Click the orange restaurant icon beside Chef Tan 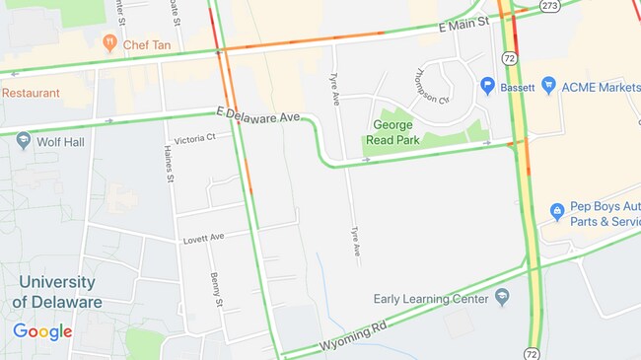pyautogui.click(x=109, y=43)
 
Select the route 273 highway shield pyautogui.click(x=550, y=5)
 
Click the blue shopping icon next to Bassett pyautogui.click(x=487, y=87)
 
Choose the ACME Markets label pyautogui.click(x=601, y=87)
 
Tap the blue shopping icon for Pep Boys pyautogui.click(x=556, y=211)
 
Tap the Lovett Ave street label pyautogui.click(x=203, y=239)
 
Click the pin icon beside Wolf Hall pyautogui.click(x=24, y=141)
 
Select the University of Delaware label pyautogui.click(x=57, y=292)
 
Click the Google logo pyautogui.click(x=42, y=331)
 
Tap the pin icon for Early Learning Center pyautogui.click(x=502, y=297)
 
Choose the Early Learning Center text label pyautogui.click(x=431, y=298)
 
